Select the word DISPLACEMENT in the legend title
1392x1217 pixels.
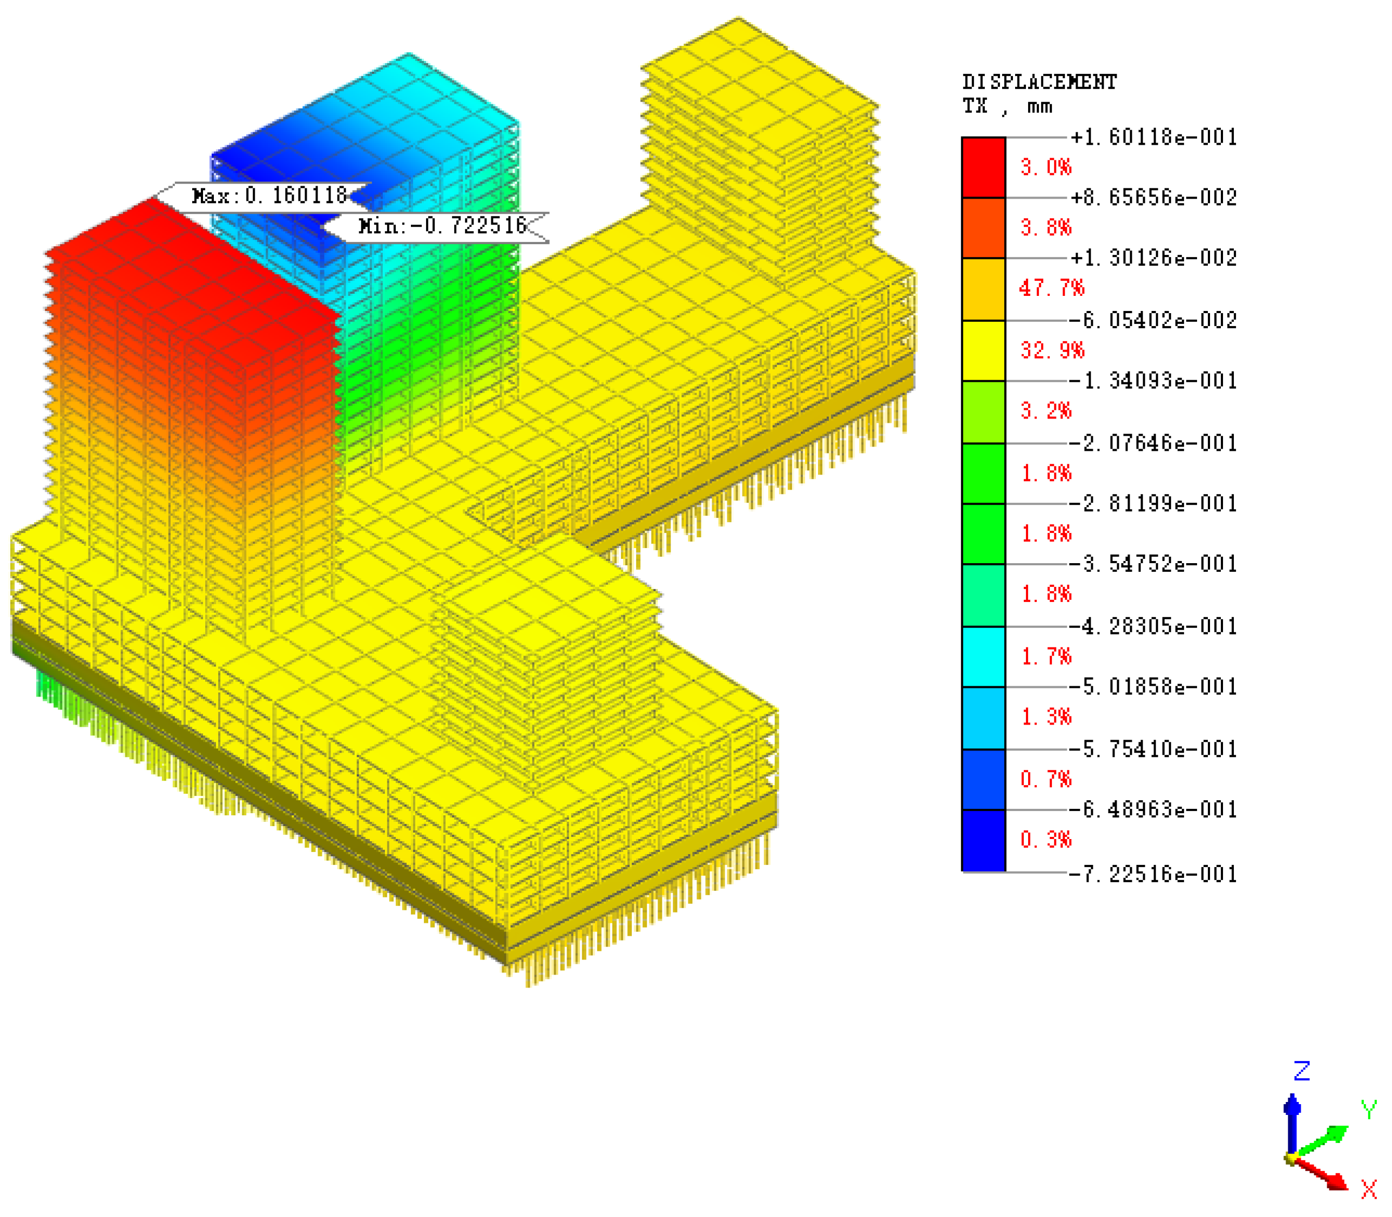click(x=1039, y=82)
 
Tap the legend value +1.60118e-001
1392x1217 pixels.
click(x=1154, y=137)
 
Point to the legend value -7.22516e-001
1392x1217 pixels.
click(x=1153, y=874)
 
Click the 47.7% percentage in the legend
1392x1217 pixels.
click(x=1051, y=288)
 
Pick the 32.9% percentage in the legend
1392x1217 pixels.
click(x=1052, y=350)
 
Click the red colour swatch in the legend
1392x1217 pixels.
click(x=983, y=168)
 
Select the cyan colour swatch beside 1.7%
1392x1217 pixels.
click(x=983, y=656)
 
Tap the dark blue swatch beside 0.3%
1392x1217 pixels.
click(x=983, y=840)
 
